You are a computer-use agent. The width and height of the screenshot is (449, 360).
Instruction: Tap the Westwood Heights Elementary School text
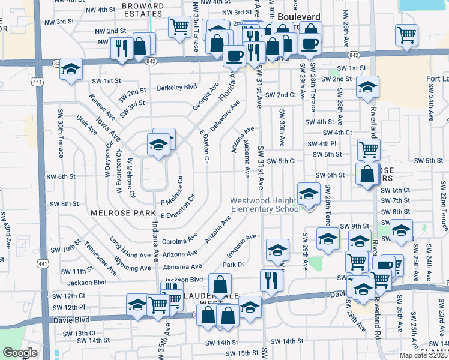(266, 205)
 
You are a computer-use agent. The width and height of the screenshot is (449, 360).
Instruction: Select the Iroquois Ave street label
(243, 243)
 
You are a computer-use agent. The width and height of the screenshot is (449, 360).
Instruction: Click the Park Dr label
(234, 264)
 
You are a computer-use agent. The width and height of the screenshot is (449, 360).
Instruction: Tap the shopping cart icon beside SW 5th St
(369, 149)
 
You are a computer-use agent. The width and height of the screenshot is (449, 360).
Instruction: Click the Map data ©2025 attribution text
(423, 355)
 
